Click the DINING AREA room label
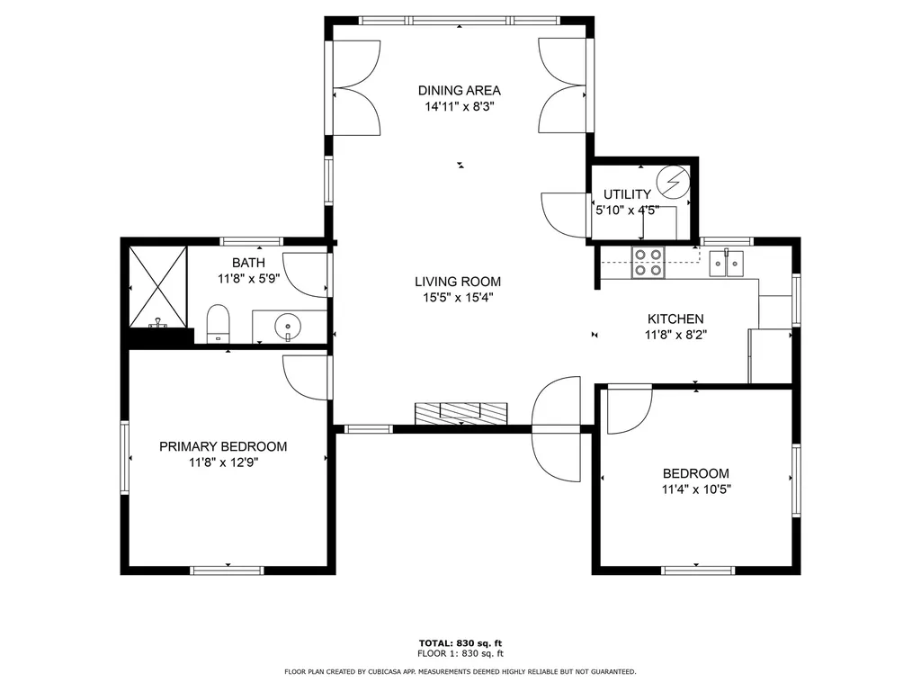459,90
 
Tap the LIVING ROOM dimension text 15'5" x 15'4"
459,298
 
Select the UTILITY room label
627,194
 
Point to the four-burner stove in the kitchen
648,261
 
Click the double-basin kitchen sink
726,264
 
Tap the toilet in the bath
219,323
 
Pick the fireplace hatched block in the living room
461,412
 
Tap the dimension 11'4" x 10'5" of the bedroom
695,490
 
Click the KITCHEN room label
675,319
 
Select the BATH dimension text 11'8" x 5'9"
248,279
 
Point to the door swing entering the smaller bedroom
628,409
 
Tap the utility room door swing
565,214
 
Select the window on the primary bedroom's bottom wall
226,569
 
